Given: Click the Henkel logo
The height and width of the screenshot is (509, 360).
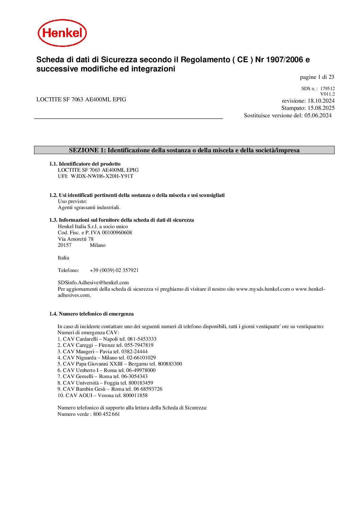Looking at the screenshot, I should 62,33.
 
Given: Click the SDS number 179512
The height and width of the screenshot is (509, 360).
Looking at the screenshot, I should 327,89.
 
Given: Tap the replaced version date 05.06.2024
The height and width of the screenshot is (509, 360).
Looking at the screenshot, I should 318,116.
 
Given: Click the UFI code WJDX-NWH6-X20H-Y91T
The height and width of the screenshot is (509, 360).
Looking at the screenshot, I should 102,176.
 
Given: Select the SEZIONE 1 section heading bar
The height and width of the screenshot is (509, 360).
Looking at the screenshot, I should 184,150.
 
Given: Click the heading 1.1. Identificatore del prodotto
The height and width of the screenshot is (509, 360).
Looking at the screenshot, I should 85,164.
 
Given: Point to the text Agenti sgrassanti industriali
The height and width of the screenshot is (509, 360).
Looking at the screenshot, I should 89,207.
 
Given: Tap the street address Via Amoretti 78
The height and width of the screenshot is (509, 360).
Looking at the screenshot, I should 76,239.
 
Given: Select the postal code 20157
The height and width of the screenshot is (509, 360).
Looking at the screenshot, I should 65,245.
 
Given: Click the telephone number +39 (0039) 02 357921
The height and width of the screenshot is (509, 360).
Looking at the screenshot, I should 114,270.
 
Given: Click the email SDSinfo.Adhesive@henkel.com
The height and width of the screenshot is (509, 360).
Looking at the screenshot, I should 93,283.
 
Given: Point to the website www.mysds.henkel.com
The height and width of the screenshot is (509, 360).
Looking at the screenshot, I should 263,289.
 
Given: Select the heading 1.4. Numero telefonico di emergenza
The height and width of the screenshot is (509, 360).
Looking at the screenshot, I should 91,314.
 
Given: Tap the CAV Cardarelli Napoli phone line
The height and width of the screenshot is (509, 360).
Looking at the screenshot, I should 107,339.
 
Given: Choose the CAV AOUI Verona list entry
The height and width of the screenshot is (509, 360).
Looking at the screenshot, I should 102,395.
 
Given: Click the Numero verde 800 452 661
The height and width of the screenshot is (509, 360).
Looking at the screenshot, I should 107,414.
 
